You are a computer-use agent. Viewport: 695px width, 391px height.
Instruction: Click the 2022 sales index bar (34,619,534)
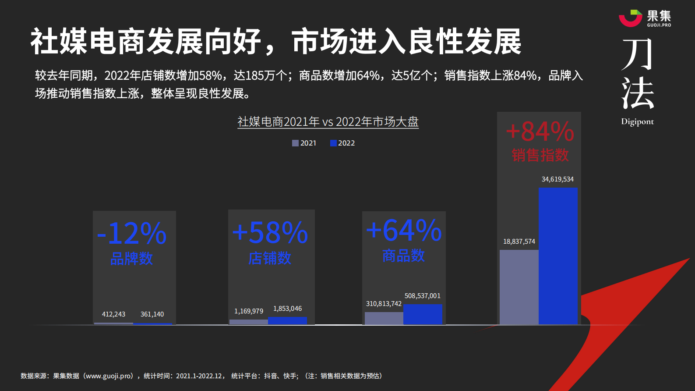point(558,256)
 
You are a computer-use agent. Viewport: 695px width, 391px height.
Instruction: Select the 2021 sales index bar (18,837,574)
point(519,287)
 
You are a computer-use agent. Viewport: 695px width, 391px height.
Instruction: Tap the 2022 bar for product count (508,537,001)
point(423,314)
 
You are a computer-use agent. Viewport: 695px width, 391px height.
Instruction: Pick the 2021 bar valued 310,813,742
point(384,318)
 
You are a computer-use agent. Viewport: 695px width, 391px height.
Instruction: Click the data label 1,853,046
point(287,309)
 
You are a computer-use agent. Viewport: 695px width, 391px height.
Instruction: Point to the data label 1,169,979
point(249,311)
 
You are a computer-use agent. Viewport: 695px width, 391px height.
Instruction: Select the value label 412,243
point(113,314)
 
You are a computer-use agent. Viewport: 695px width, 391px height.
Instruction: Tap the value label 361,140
point(152,314)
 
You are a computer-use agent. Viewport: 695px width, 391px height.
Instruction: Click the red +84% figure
point(540,132)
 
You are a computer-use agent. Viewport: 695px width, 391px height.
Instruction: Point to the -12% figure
point(132,233)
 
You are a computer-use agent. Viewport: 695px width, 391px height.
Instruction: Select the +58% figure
point(270,232)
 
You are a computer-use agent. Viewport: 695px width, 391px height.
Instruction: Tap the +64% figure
point(404,230)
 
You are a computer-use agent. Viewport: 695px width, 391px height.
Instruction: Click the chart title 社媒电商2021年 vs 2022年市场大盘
point(328,121)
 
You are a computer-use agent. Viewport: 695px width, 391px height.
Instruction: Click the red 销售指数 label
point(540,155)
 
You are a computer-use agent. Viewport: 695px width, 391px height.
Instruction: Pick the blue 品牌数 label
point(131,259)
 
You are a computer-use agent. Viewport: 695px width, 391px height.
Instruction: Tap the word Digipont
point(637,122)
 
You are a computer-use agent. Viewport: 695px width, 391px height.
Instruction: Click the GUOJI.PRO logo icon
point(630,18)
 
